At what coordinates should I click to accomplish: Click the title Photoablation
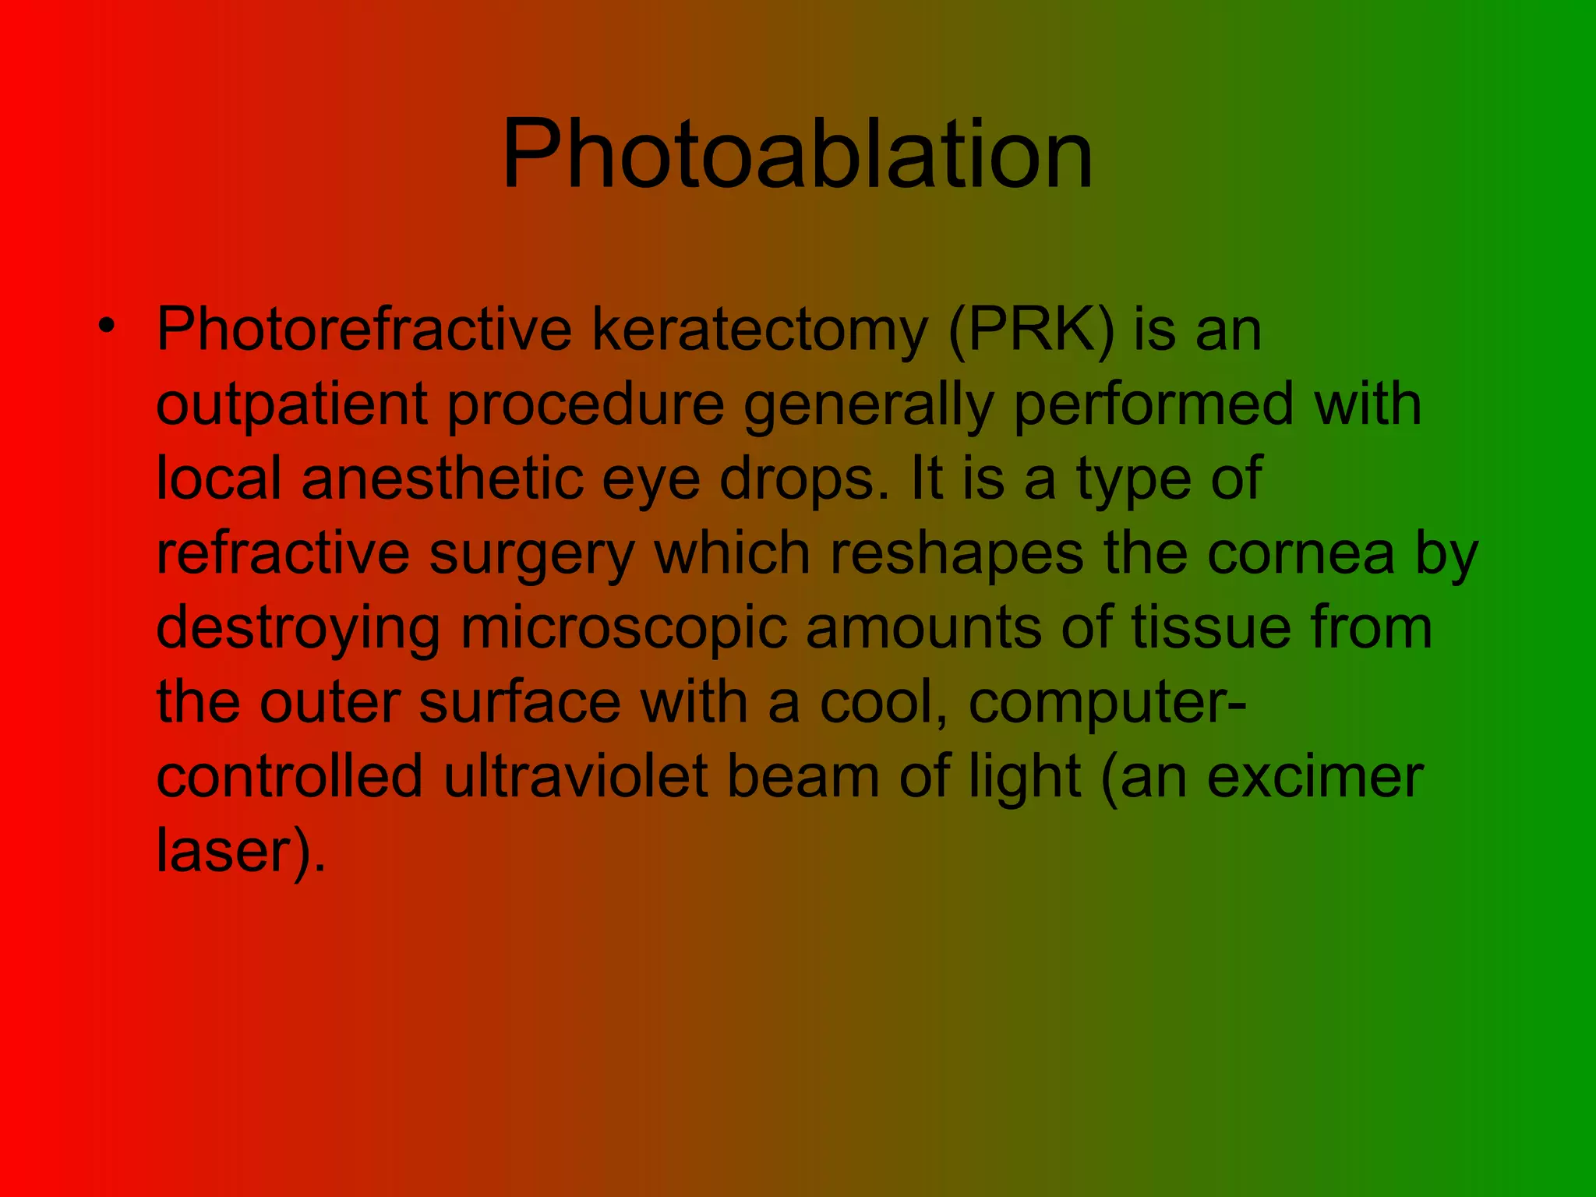[x=797, y=154]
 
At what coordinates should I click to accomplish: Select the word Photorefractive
[x=365, y=330]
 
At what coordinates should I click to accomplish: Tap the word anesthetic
[x=442, y=478]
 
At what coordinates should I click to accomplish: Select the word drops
[x=804, y=479]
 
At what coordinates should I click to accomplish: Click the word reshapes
[x=956, y=553]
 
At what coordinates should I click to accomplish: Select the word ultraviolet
[x=576, y=777]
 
